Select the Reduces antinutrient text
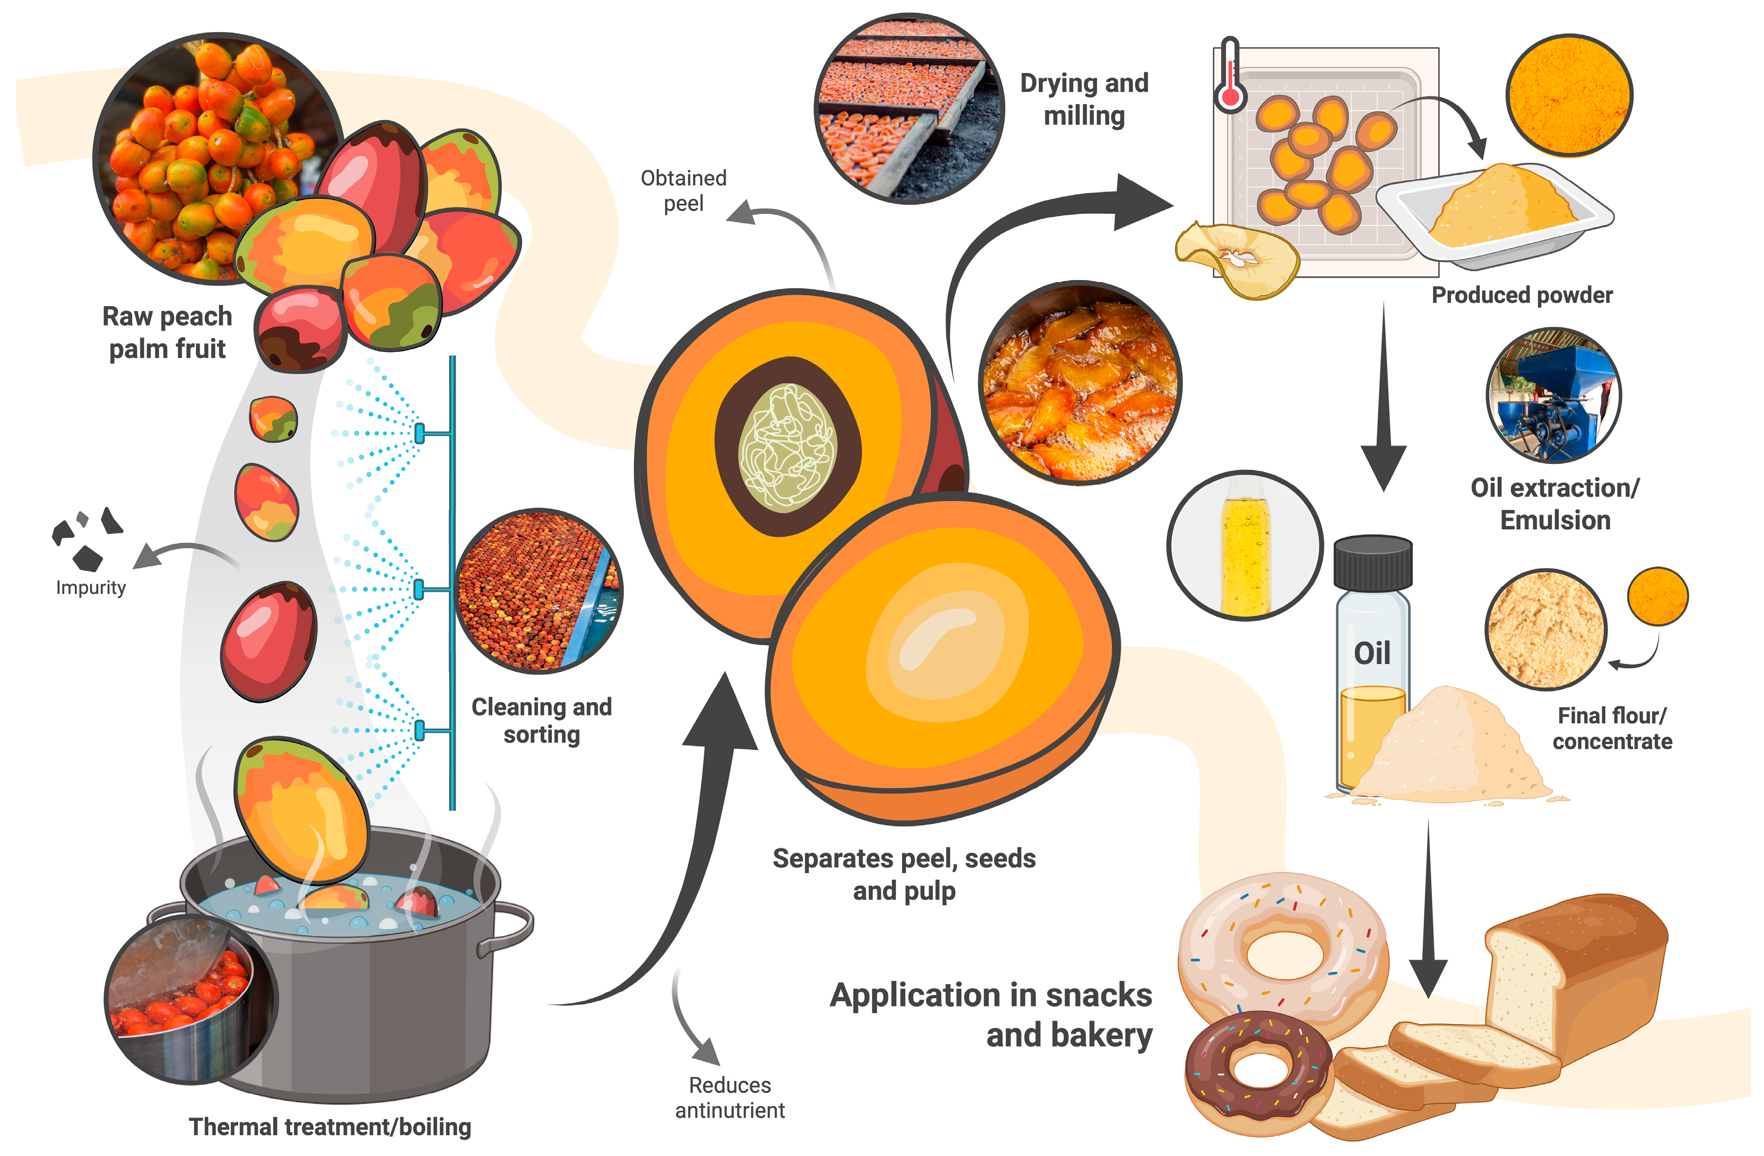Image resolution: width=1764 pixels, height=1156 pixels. pos(730,1098)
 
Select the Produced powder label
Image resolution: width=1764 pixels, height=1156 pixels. pos(1522,295)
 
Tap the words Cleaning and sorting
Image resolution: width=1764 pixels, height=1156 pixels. pos(542,720)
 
